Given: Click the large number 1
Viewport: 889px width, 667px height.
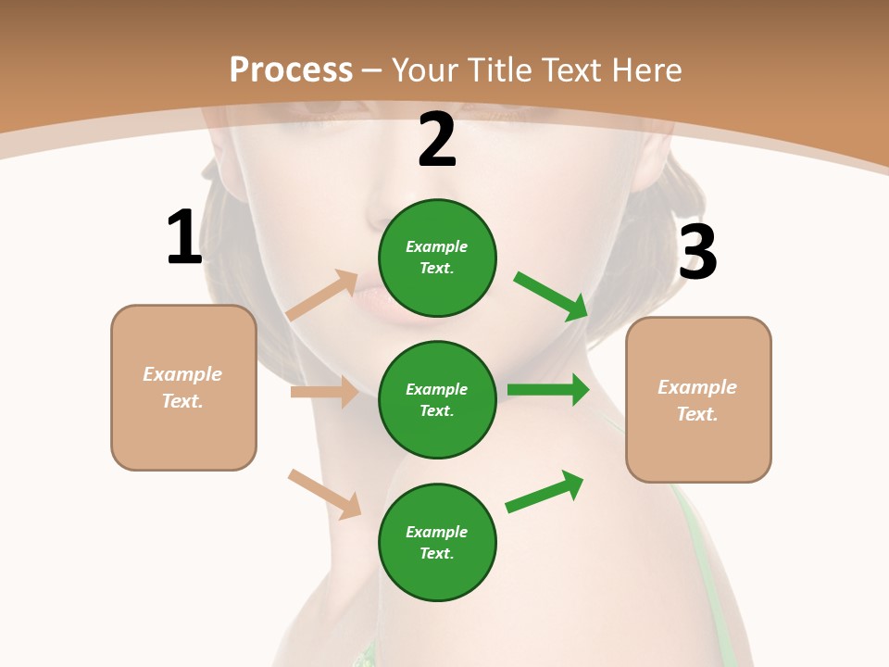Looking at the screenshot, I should tap(184, 237).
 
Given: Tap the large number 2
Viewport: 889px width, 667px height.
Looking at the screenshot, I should tap(437, 141).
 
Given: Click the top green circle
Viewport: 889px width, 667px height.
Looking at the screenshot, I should tap(437, 258).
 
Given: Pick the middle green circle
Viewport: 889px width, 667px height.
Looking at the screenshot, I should tap(437, 399).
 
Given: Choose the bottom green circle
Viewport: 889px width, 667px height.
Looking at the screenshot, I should tap(437, 542).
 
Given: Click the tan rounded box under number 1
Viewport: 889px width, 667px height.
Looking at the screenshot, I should tap(183, 387).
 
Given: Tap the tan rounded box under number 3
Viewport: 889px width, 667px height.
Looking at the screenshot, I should tap(698, 399).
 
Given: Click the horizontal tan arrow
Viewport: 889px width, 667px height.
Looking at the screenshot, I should tap(324, 392).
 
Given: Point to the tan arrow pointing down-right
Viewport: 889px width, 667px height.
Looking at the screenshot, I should tap(325, 494).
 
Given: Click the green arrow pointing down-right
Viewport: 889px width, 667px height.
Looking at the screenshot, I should tap(552, 296).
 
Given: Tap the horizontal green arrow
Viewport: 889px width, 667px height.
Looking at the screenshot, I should tap(548, 390).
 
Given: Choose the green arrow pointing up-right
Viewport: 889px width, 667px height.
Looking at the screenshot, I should tap(545, 491).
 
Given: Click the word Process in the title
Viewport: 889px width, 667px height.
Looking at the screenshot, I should tap(291, 69).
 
